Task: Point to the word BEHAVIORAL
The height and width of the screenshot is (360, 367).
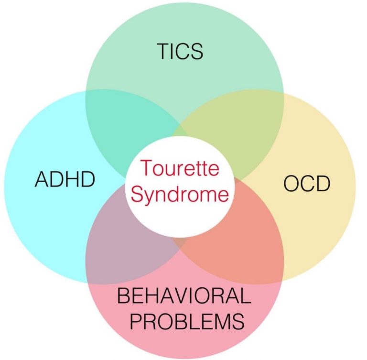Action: (184, 297)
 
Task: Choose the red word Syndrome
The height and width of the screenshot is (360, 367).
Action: (180, 194)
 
